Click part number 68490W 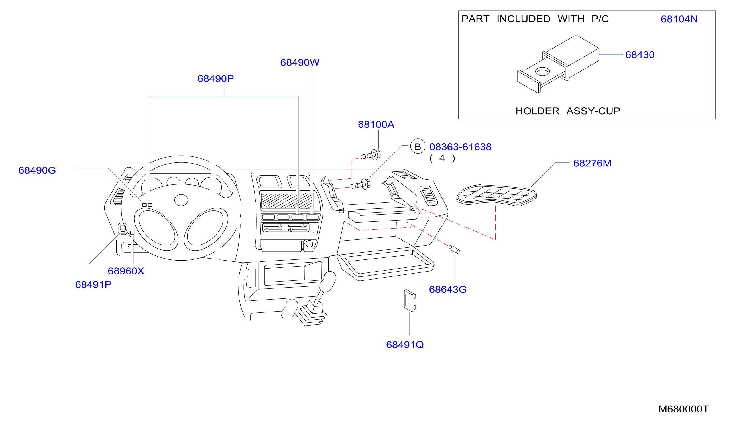[x=300, y=62]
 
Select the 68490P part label [x=215, y=78]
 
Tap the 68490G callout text [x=37, y=170]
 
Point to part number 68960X [x=126, y=271]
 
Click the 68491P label [x=93, y=285]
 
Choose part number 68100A [x=376, y=125]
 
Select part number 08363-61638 [x=460, y=147]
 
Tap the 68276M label [x=592, y=163]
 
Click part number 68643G [x=448, y=290]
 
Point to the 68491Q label [x=405, y=345]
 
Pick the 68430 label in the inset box [x=640, y=55]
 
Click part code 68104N [x=679, y=19]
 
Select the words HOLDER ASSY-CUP [x=568, y=111]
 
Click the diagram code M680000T [x=684, y=409]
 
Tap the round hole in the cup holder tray [x=542, y=72]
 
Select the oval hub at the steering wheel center [x=181, y=200]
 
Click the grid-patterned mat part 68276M [x=496, y=195]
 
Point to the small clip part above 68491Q [x=410, y=301]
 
